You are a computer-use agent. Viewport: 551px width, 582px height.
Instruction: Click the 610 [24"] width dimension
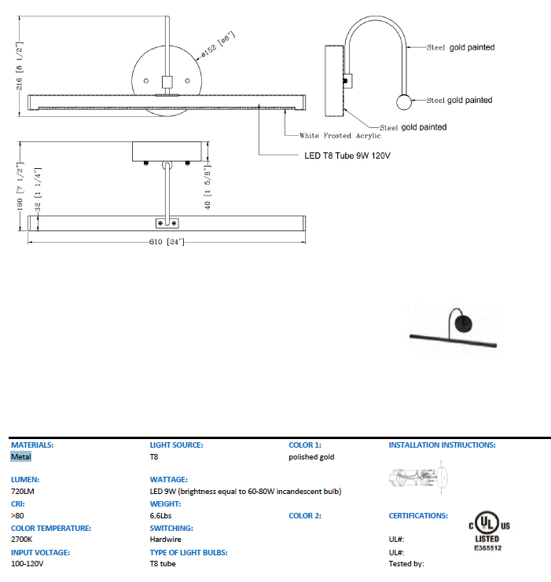[165, 241]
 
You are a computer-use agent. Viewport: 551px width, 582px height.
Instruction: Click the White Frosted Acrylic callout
[340, 136]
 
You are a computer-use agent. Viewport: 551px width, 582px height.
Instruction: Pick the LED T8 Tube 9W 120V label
[347, 156]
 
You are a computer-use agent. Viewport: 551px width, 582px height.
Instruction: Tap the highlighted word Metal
[21, 457]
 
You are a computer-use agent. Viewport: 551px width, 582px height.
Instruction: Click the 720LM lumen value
[24, 491]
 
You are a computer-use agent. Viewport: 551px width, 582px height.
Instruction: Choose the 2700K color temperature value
[21, 540]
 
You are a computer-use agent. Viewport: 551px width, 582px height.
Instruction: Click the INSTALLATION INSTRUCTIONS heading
[442, 445]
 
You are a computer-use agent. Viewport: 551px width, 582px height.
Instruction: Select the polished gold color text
[311, 457]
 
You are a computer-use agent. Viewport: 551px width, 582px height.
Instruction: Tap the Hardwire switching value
[165, 540]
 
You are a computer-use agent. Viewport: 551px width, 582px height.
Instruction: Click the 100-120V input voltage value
[28, 564]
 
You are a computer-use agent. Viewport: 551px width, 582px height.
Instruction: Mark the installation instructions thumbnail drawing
[421, 478]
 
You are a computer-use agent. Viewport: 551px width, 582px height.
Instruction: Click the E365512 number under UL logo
[487, 547]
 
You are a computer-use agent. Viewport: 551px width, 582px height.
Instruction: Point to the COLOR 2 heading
[305, 516]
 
